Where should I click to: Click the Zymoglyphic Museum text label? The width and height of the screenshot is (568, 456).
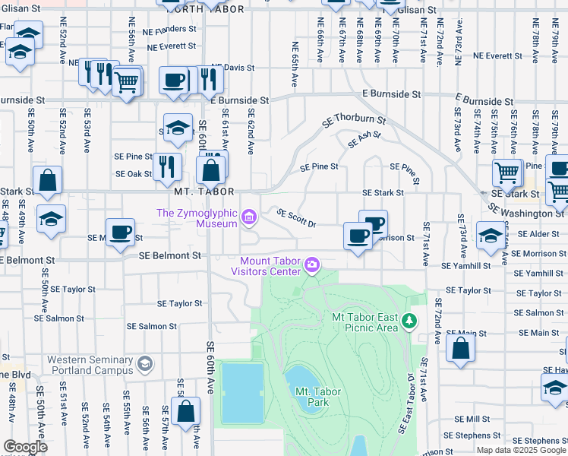tap(198, 219)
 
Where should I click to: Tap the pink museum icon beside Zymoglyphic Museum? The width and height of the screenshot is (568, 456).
tap(248, 219)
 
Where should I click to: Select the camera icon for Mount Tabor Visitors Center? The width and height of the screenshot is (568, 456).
tap(311, 264)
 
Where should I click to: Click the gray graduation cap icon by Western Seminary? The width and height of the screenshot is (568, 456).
tap(143, 366)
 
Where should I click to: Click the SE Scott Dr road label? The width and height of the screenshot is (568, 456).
tap(296, 218)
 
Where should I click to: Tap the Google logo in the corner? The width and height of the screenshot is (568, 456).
tap(25, 447)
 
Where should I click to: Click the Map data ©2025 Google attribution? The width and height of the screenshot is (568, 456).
tap(521, 450)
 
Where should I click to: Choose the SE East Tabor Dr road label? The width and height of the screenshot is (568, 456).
tap(406, 403)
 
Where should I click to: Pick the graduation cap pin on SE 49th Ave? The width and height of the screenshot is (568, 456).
tap(52, 219)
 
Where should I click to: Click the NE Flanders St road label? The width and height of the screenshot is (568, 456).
tap(171, 29)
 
